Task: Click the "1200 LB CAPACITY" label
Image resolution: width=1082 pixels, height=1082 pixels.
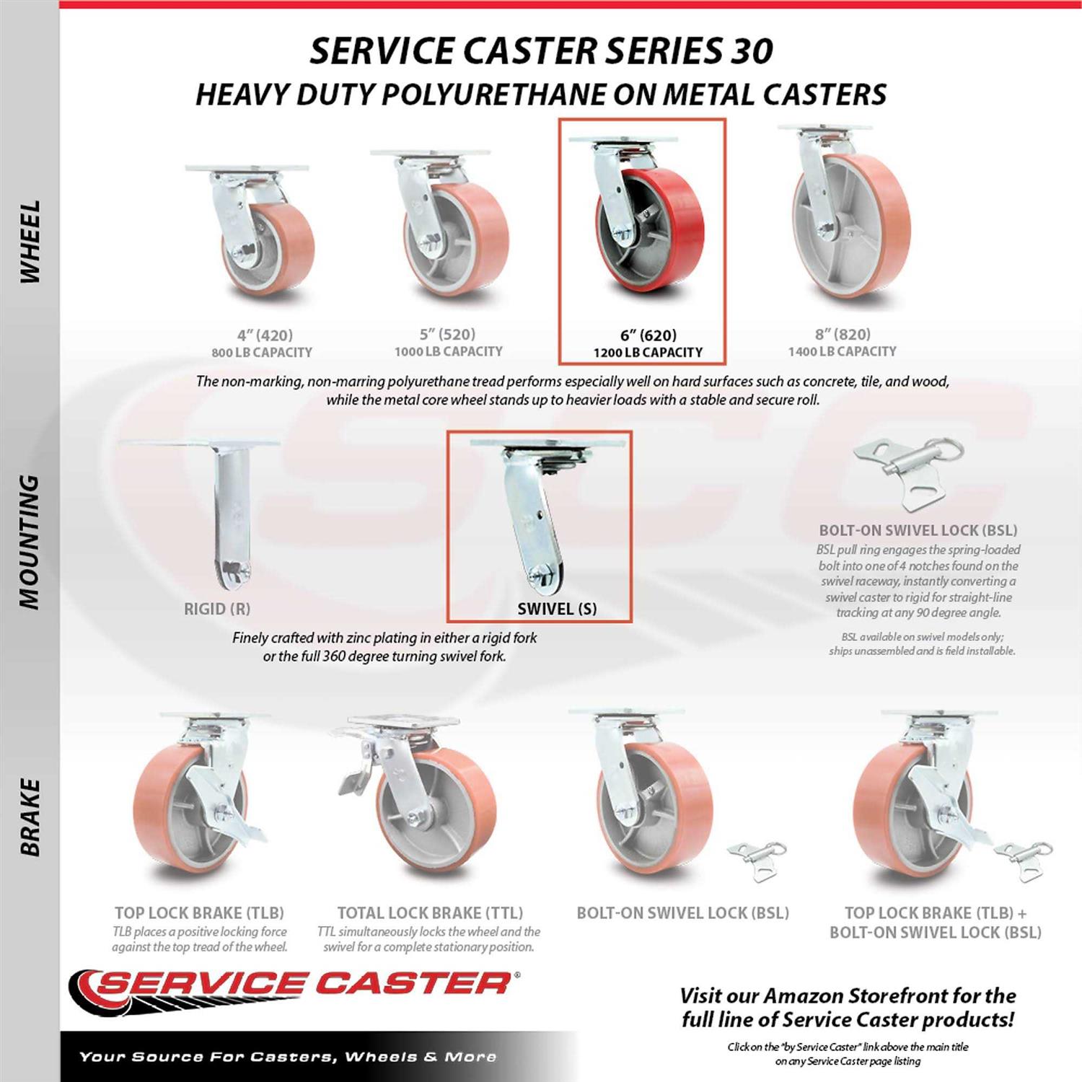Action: click(648, 353)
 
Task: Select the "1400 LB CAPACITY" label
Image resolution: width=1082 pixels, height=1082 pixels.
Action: click(843, 351)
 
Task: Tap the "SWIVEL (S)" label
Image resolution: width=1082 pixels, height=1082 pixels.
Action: click(557, 609)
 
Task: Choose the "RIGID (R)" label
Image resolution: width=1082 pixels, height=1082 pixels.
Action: click(217, 609)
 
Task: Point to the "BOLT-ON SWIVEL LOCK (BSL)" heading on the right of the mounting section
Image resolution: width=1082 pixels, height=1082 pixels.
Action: click(918, 530)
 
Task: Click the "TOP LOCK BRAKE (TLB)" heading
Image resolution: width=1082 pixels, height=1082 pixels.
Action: click(199, 912)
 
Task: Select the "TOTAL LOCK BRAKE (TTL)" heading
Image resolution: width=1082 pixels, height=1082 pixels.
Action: click(430, 912)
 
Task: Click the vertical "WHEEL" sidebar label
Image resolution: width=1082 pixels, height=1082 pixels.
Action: click(30, 242)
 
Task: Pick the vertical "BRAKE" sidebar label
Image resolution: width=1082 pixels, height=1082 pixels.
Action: click(30, 817)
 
